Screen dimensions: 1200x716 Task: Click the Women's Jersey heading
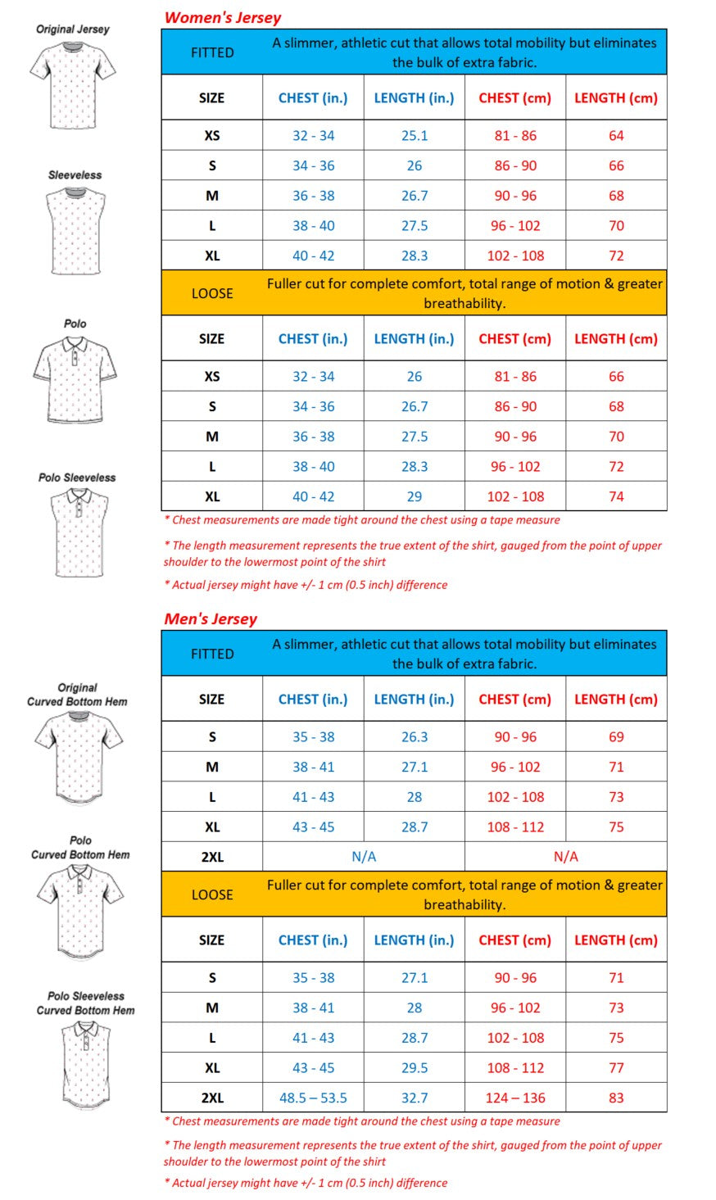(x=223, y=17)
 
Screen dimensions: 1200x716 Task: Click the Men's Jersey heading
(x=211, y=618)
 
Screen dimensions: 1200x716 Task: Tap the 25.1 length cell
(x=415, y=135)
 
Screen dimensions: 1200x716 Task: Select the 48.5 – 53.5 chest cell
(x=313, y=1098)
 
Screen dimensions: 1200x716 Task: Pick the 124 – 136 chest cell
(x=515, y=1098)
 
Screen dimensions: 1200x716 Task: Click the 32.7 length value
(x=415, y=1098)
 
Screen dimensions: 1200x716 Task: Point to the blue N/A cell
(x=364, y=857)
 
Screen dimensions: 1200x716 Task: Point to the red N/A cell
(x=565, y=857)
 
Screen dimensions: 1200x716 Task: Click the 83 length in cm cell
(x=616, y=1098)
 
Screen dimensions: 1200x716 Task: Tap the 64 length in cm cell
(x=616, y=135)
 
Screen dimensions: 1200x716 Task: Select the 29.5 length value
(x=415, y=1067)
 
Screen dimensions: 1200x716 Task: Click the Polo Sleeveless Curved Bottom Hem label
(x=85, y=1003)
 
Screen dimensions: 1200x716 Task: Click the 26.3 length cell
(x=415, y=736)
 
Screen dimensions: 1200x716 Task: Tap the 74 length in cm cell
(x=616, y=496)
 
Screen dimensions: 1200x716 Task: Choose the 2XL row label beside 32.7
(x=212, y=1098)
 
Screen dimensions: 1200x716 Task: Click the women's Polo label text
(x=75, y=324)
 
